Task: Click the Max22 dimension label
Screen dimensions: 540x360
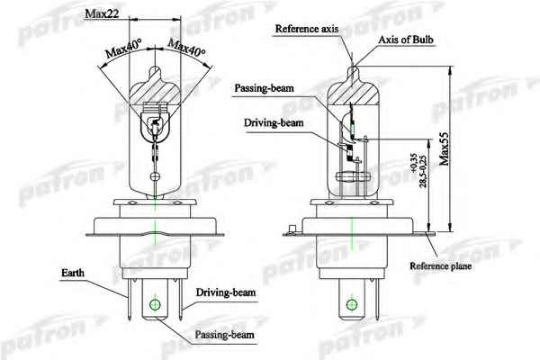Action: coord(102,13)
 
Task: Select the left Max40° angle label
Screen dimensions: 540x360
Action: coord(123,49)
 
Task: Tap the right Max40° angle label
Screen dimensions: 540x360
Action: coord(186,47)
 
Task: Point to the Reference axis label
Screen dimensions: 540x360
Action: coord(307,29)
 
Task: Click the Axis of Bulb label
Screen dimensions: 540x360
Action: coord(406,40)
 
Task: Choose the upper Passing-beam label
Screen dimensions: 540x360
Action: coord(264,88)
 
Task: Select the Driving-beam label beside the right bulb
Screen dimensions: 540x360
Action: coord(274,123)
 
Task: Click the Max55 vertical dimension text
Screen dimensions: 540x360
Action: coord(445,148)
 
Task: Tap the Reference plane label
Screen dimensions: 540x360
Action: coord(440,266)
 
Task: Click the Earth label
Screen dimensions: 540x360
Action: coord(73,273)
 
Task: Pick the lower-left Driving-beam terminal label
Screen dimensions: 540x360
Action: coord(226,292)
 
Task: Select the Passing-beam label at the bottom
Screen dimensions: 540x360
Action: coord(224,335)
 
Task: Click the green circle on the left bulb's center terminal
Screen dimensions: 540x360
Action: coord(155,304)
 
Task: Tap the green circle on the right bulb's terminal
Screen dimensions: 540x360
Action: coord(352,304)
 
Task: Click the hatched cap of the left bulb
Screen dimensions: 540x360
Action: coord(155,91)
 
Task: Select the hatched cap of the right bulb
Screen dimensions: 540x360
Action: coord(353,90)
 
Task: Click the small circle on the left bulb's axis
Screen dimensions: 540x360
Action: coord(155,177)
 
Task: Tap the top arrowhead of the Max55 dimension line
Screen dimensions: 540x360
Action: coord(450,69)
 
